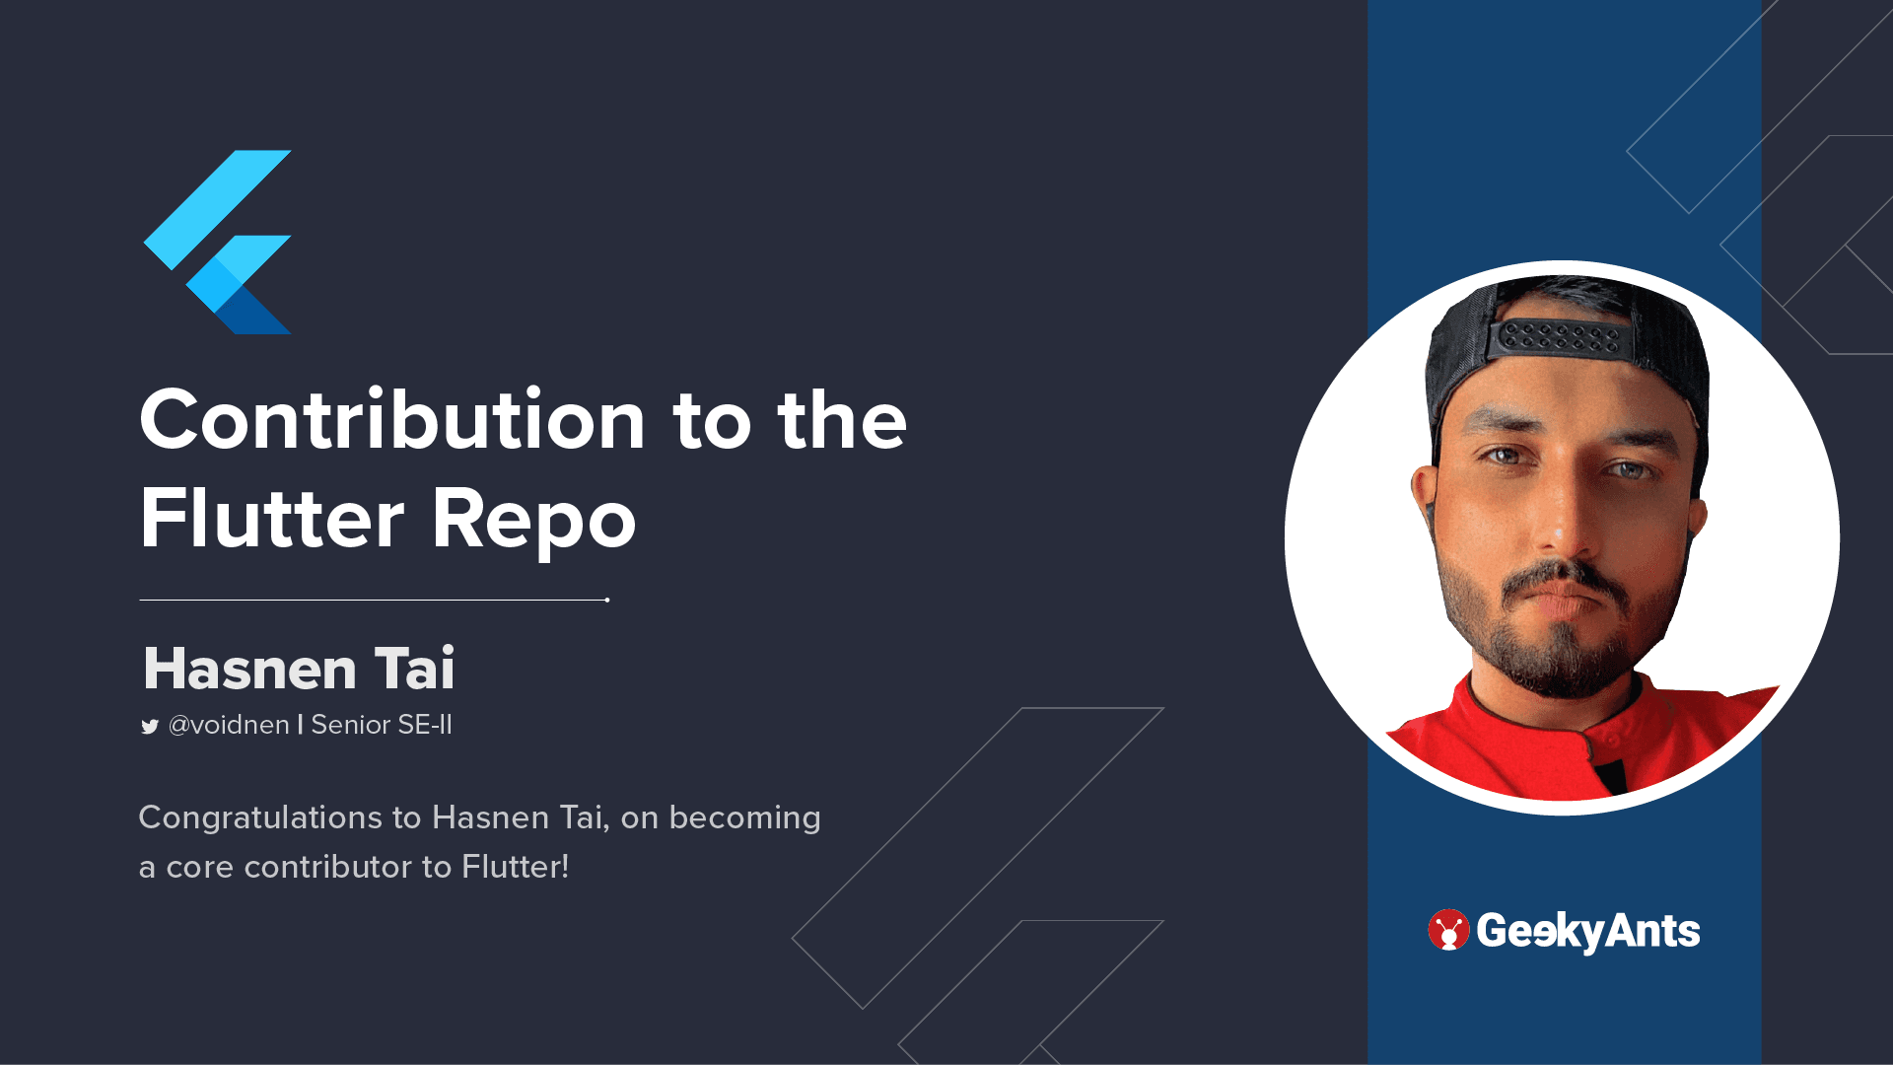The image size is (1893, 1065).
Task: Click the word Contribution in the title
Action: pyautogui.click(x=392, y=419)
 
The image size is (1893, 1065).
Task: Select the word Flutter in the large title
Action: pyautogui.click(x=272, y=517)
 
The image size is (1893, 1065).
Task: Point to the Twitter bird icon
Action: pyautogui.click(x=150, y=727)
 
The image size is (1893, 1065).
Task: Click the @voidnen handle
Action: pyautogui.click(x=229, y=725)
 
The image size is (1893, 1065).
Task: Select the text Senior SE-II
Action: pyautogui.click(x=382, y=725)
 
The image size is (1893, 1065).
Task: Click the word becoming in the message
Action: pyautogui.click(x=744, y=818)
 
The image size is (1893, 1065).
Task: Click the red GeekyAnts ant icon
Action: pyautogui.click(x=1448, y=930)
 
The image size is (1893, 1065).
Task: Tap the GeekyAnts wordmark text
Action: pyautogui.click(x=1588, y=931)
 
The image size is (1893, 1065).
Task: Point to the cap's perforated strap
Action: pyautogui.click(x=1560, y=338)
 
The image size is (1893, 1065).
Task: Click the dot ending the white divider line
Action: pyautogui.click(x=607, y=600)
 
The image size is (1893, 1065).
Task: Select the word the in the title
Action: pyautogui.click(x=842, y=419)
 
